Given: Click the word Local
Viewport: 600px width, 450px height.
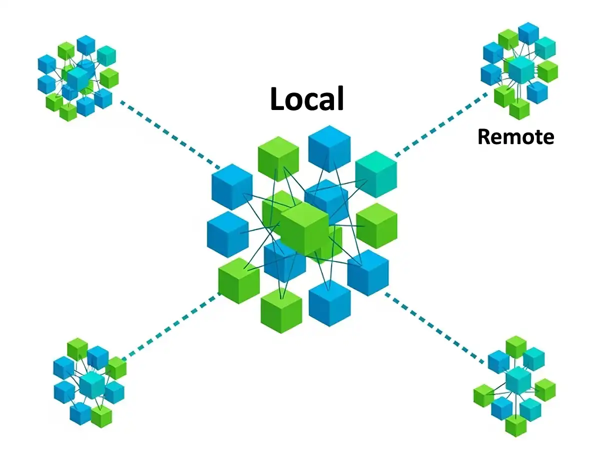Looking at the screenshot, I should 307,98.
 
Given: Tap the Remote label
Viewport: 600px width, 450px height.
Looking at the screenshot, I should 515,136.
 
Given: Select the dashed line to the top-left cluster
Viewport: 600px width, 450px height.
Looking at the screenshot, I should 170,135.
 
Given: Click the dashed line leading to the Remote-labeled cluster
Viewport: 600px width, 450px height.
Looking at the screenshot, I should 440,125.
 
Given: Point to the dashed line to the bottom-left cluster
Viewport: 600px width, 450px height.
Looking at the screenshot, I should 170,327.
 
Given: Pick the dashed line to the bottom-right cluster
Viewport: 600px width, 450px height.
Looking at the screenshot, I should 435,327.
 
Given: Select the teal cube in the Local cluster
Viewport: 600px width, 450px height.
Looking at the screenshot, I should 375,173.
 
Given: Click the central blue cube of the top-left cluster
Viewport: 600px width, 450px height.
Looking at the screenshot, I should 78,77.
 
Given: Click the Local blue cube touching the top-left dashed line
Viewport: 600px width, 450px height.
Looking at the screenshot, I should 231,186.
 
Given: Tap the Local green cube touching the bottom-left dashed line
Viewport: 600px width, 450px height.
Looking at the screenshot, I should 239,280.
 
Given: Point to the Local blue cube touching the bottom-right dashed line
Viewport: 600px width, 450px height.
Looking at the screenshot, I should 368,272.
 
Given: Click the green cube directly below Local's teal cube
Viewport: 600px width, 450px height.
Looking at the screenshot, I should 376,225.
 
